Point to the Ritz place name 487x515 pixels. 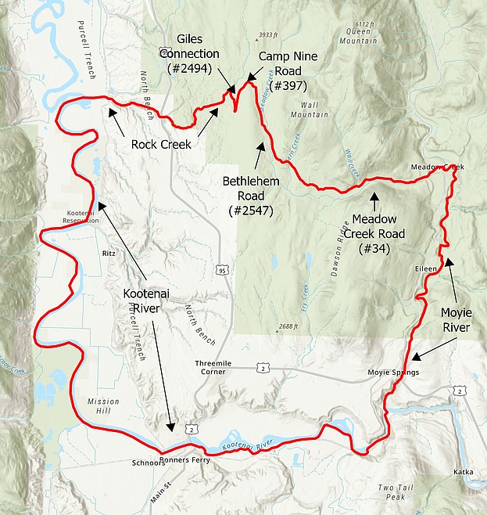[109, 254]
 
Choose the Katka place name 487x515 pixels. [463, 472]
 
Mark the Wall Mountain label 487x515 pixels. [310, 110]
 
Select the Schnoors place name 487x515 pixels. [145, 463]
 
